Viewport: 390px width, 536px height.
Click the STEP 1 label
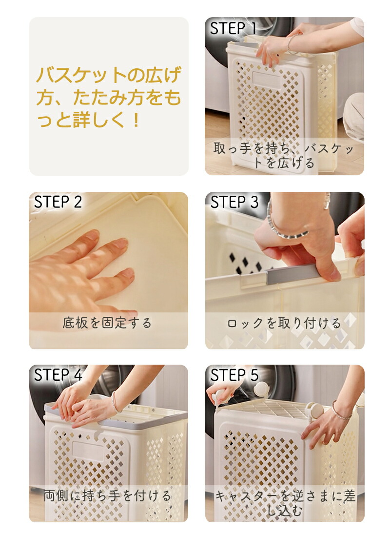[233, 28]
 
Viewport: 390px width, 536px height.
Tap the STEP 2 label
[58, 202]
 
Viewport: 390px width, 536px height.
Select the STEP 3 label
[234, 202]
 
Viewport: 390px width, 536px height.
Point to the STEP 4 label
[58, 375]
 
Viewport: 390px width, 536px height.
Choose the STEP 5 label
[234, 375]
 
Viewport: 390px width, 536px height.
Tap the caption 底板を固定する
[107, 323]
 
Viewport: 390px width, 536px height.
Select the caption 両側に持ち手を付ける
[107, 495]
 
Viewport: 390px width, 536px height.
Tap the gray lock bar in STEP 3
[292, 274]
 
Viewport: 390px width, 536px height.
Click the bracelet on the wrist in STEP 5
[342, 410]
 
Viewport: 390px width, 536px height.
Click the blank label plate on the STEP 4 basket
[88, 452]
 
